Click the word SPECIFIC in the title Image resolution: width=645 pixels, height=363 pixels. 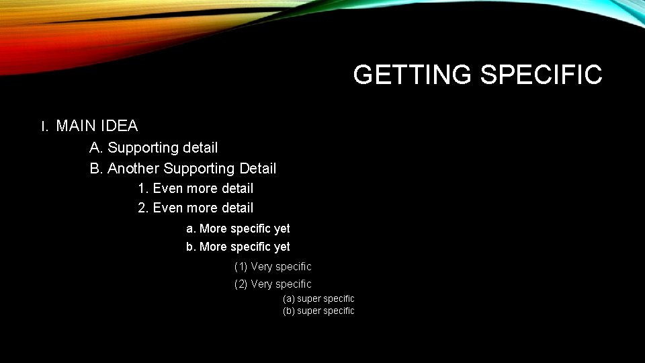click(x=541, y=75)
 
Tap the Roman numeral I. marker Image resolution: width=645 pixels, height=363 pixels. click(x=44, y=126)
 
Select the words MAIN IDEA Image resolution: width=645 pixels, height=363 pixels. click(x=97, y=126)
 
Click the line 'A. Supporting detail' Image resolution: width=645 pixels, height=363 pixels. click(x=154, y=147)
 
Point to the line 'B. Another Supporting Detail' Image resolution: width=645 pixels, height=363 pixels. click(x=183, y=168)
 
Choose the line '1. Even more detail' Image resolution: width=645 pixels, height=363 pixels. click(x=196, y=189)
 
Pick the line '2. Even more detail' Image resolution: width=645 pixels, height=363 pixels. click(x=196, y=208)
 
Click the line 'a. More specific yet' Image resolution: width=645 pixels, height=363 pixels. click(x=238, y=229)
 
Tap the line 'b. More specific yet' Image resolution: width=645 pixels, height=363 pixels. click(x=238, y=247)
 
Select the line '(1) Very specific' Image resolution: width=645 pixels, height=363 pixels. click(x=273, y=266)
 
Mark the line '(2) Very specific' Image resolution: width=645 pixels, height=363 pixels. click(x=273, y=284)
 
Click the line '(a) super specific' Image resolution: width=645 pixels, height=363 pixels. click(x=318, y=298)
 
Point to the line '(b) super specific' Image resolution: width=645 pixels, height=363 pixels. click(x=318, y=311)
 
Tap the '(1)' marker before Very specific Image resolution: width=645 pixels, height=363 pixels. click(x=241, y=266)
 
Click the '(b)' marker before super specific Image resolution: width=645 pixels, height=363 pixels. click(x=289, y=311)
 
